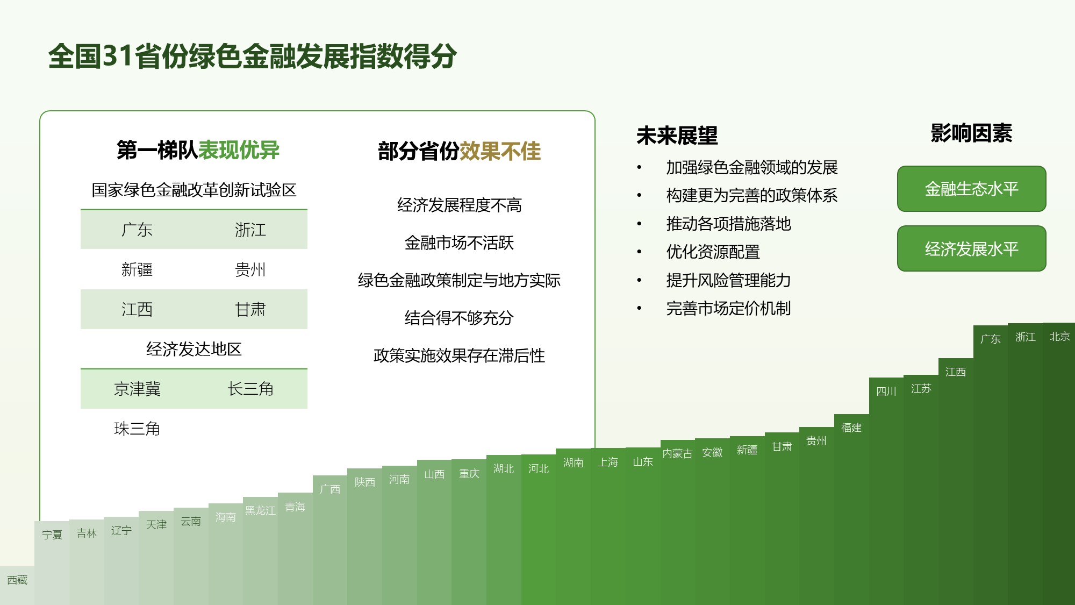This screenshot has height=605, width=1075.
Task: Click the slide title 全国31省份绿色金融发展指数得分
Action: (253, 56)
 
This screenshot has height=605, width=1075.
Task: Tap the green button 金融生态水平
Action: (971, 189)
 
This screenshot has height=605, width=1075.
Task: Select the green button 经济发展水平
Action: (971, 248)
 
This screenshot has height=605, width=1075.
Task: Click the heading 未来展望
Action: (677, 136)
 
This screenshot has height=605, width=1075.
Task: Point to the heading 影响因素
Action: (971, 133)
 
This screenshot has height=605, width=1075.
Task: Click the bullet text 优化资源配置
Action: (713, 252)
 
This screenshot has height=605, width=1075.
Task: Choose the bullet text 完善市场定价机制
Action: (728, 308)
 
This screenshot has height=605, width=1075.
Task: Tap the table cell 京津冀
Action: (137, 389)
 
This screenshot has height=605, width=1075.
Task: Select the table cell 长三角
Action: (250, 389)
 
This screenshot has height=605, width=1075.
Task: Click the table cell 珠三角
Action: (137, 429)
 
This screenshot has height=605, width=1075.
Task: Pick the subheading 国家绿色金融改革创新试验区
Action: (194, 190)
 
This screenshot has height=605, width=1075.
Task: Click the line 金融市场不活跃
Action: (459, 243)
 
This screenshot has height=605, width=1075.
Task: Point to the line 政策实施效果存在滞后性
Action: (459, 355)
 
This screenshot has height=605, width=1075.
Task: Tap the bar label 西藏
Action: (17, 580)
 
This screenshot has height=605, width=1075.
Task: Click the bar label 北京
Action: (1059, 337)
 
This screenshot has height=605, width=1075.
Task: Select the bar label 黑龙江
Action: (260, 510)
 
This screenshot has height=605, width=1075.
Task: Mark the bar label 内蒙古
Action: (677, 453)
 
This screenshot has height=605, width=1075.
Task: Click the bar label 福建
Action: (851, 428)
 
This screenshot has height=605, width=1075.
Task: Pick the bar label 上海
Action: (608, 462)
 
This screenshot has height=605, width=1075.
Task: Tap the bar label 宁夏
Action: (52, 535)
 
